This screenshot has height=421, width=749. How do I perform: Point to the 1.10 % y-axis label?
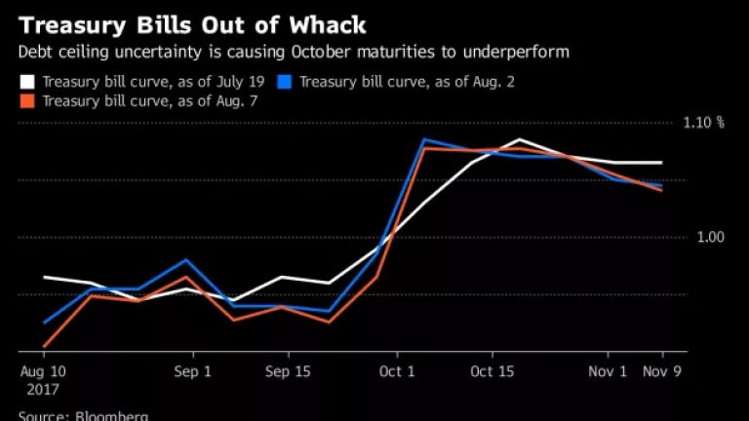706,123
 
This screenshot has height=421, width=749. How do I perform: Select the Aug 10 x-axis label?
43,371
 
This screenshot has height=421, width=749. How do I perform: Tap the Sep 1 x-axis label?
193,371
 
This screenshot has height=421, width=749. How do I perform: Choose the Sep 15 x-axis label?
288,371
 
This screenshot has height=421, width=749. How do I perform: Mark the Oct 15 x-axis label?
492,371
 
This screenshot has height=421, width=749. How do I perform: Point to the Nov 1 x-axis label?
609,371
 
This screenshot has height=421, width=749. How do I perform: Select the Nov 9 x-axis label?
663,371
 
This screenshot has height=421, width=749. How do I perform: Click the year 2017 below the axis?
43,388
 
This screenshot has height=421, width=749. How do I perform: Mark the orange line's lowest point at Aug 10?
45,346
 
